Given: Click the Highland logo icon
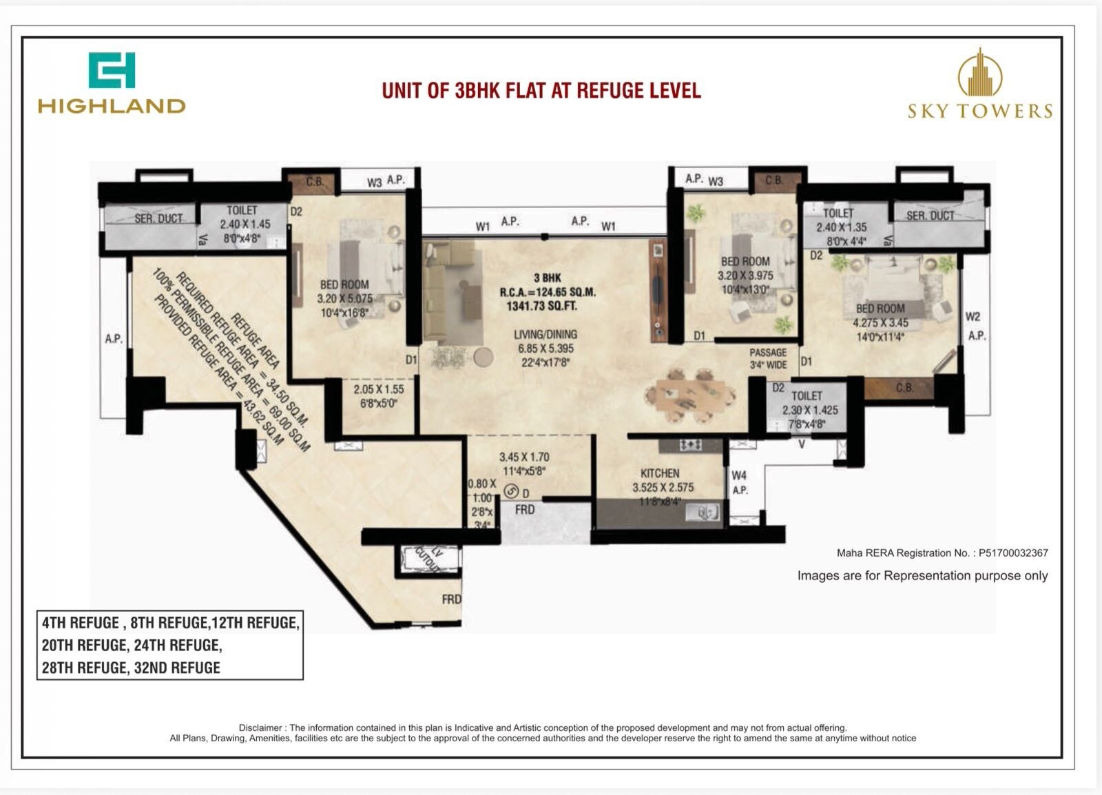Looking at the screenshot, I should pos(112,70).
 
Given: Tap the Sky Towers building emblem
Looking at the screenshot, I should pos(979,72).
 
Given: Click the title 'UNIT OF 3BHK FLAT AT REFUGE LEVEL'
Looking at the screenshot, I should pos(541,91).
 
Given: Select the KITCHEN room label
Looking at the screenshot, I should pos(660,473).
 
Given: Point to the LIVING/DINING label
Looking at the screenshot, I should pos(545,335).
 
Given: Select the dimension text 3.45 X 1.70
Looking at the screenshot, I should pos(524,457).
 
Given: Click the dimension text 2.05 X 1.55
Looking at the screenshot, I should pos(379,389).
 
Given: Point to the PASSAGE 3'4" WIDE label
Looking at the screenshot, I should pos(768,358).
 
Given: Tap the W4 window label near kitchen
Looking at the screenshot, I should pos(739,475).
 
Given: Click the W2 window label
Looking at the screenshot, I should pos(973,317).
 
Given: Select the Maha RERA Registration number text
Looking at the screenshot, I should pos(942,553).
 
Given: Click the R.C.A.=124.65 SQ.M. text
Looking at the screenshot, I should pos(548,292).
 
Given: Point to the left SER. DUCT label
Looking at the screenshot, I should pos(159,218).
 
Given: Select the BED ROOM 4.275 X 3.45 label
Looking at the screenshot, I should pos(880,316).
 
